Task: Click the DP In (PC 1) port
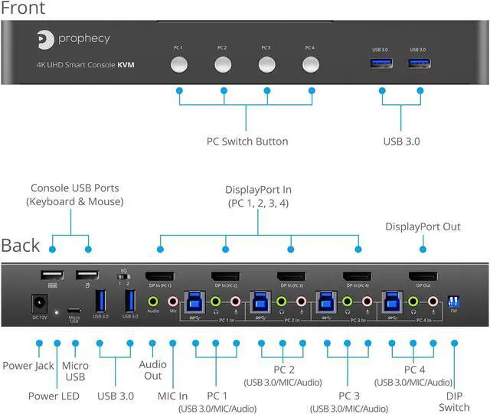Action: click(x=159, y=277)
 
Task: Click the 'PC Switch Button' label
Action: click(x=247, y=142)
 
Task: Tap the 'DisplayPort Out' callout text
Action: click(x=423, y=227)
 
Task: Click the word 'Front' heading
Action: click(x=23, y=8)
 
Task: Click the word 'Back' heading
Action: click(x=21, y=246)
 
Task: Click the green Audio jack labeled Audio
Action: click(x=153, y=301)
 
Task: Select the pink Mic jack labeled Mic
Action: click(x=172, y=301)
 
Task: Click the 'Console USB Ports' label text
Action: click(x=74, y=195)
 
